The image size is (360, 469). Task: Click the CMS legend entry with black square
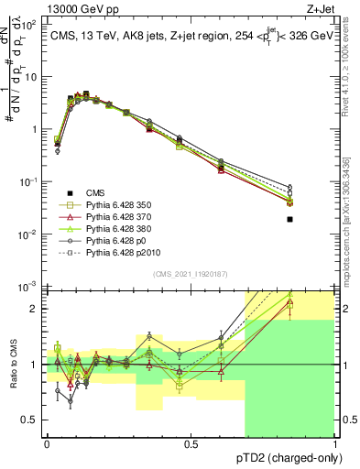click(95, 192)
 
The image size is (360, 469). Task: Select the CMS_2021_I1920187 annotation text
click(190, 273)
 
